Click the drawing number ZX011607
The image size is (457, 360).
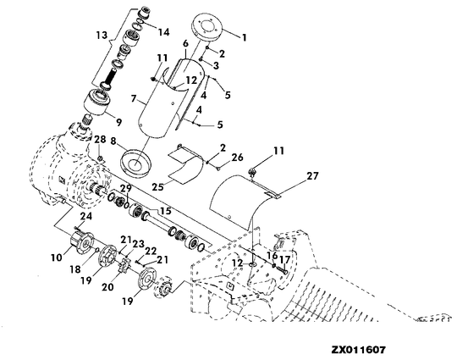[358, 350]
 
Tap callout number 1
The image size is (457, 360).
[245, 37]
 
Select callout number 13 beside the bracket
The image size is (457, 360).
[102, 36]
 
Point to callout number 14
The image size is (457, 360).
[164, 32]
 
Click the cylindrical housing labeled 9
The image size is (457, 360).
[97, 102]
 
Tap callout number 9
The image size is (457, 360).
[118, 122]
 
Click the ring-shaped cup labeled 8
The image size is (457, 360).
[135, 163]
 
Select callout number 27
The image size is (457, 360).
[312, 176]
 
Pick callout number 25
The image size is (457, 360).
[158, 186]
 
